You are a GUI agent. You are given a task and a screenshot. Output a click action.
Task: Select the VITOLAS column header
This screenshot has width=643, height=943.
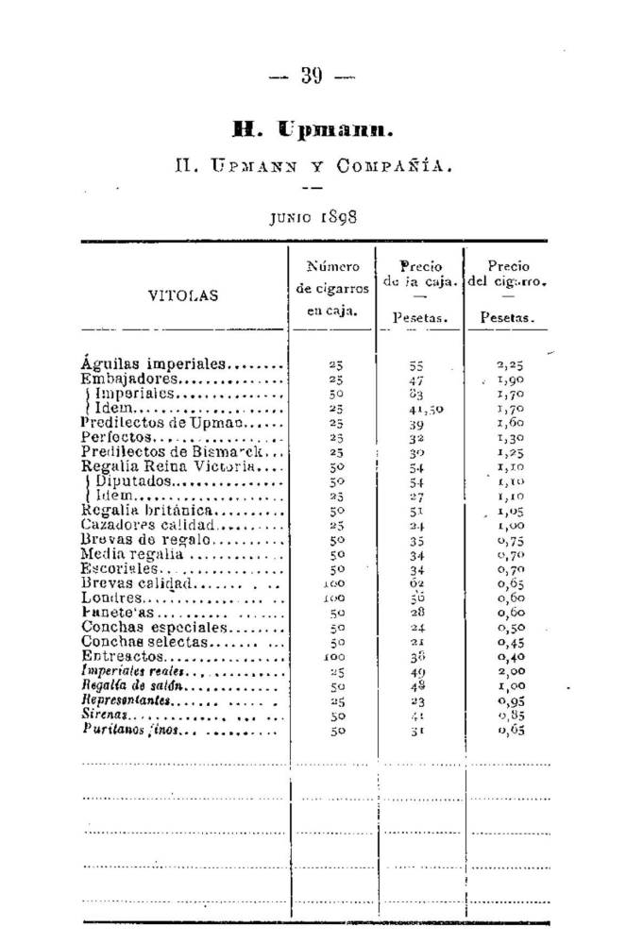click(183, 295)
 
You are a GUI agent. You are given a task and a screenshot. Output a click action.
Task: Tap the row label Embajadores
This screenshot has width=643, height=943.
click(127, 379)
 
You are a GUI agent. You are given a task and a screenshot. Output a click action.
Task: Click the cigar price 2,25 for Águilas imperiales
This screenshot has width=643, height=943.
click(510, 363)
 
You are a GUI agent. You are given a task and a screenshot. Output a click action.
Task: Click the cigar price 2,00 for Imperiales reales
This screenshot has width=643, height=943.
click(510, 672)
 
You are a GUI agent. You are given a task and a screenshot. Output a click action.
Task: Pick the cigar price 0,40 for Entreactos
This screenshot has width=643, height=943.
click(510, 657)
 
